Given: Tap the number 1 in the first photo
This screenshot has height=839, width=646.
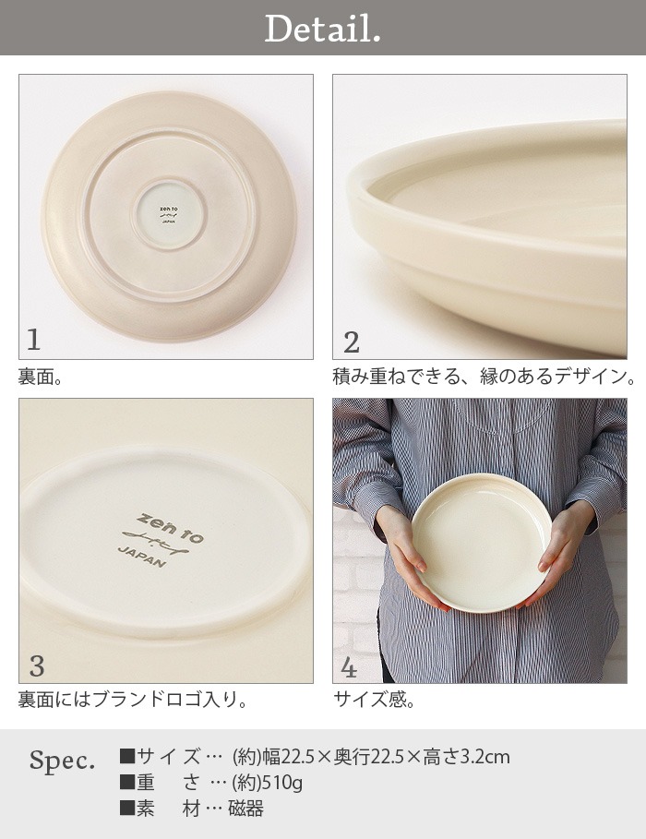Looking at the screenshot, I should point(34,341).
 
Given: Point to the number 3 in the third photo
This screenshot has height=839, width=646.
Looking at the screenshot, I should point(37,665).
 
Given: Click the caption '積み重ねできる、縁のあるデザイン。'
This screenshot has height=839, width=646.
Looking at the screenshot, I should point(484,377).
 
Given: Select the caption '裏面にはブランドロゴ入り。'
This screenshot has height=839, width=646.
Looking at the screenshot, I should point(133,701).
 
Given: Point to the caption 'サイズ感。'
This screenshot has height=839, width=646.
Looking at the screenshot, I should point(374,701).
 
